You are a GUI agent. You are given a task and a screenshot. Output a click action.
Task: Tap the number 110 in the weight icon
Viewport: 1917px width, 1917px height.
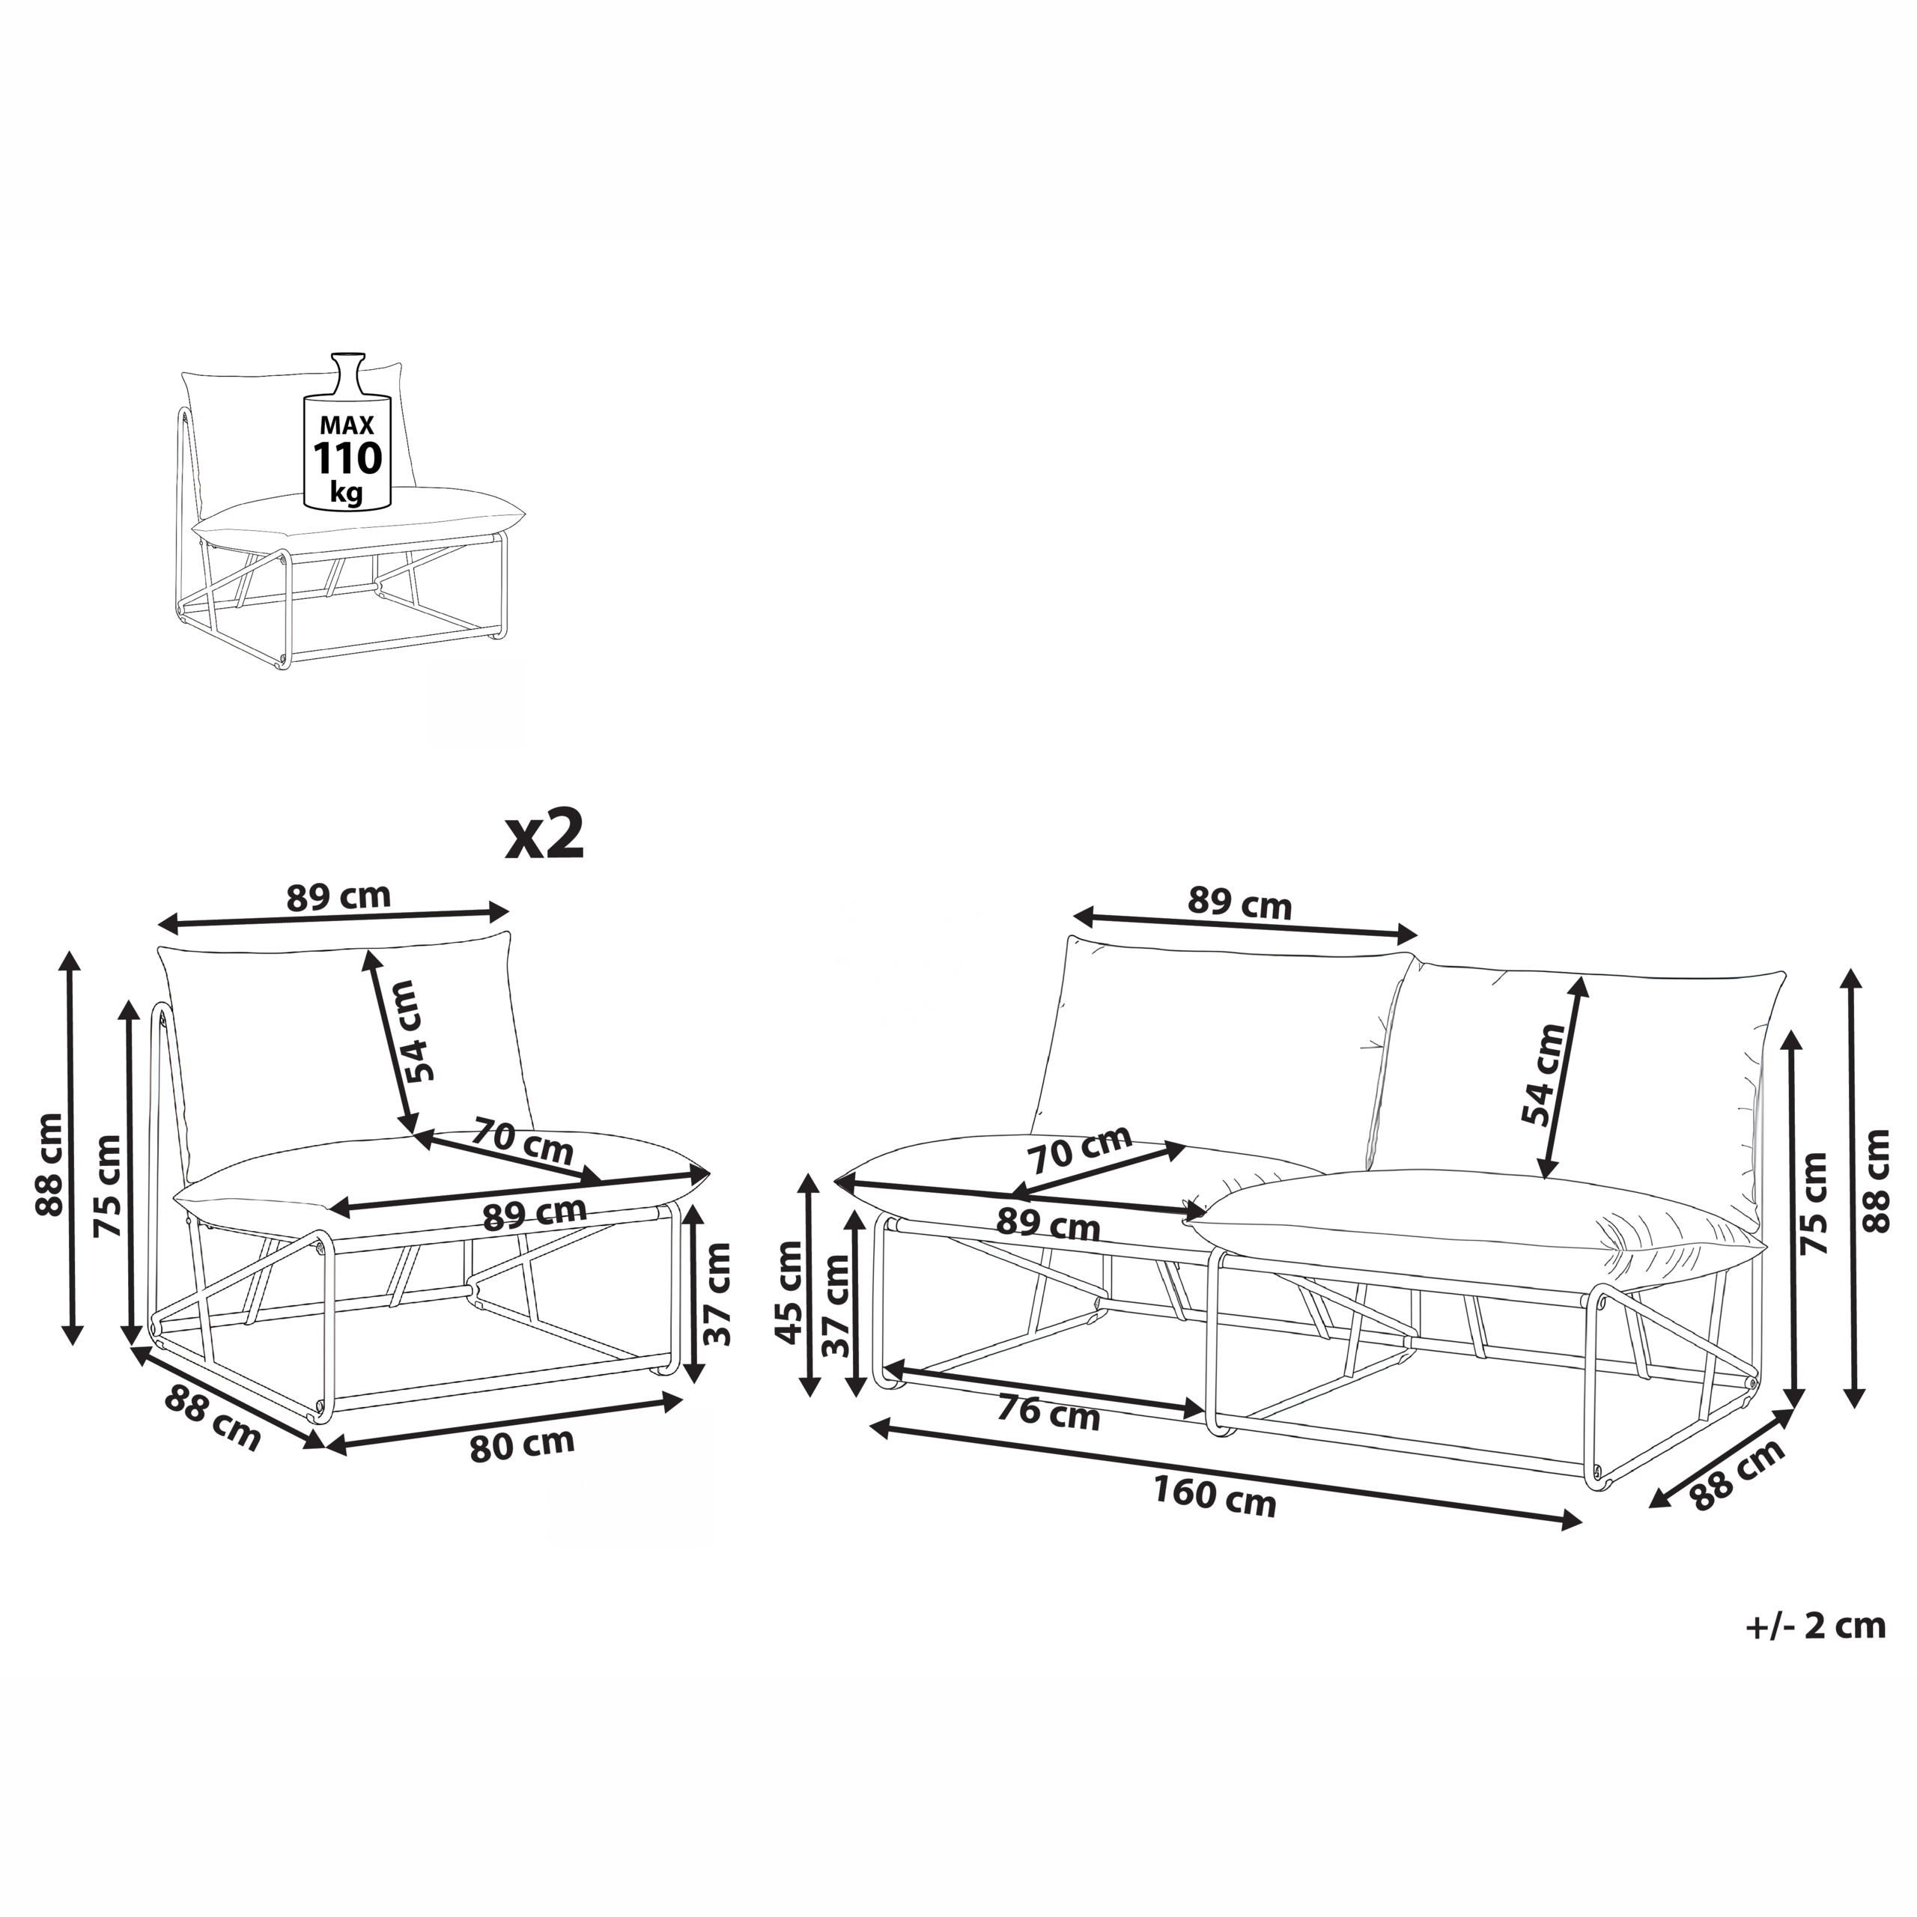point(347,458)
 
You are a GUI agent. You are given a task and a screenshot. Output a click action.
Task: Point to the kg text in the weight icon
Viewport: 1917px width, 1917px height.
point(347,491)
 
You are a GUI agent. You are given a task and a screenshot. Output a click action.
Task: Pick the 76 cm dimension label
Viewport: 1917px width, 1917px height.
point(1049,1413)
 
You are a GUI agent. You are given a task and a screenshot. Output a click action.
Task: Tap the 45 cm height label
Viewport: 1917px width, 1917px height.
point(789,1291)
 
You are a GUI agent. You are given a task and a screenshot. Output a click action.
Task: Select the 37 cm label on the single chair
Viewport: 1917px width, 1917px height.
point(717,1294)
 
